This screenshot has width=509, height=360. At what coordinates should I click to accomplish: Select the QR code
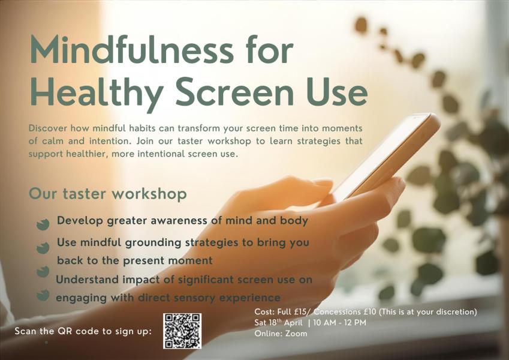click(x=182, y=331)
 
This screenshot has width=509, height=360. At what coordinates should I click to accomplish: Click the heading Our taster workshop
click(x=108, y=194)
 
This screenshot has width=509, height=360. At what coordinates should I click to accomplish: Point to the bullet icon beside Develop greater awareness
click(x=43, y=224)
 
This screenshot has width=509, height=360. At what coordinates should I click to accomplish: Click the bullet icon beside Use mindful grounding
click(x=43, y=247)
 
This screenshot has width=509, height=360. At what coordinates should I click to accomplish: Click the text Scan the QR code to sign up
click(x=83, y=331)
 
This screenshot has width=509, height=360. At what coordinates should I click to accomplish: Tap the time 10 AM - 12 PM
click(x=339, y=323)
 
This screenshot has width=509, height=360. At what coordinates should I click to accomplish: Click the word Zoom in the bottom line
click(x=296, y=334)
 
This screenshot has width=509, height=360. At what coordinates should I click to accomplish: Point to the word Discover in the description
click(x=47, y=128)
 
